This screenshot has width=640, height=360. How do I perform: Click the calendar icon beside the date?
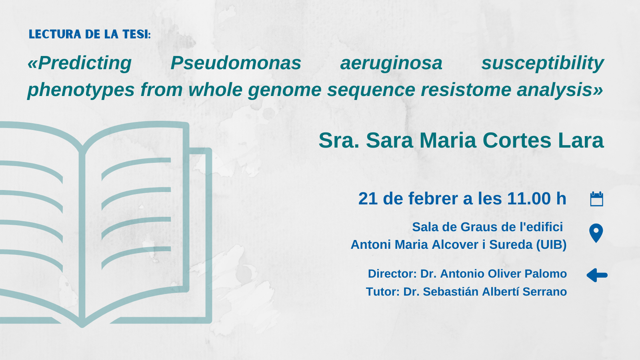pos(596,199)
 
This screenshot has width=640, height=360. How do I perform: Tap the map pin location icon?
pos(596,233)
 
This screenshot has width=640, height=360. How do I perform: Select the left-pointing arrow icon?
pos(597,275)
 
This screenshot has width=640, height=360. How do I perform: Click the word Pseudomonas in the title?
pos(236,63)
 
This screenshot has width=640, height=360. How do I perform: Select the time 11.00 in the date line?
pos(529,198)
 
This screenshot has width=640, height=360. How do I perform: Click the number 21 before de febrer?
pos(368,198)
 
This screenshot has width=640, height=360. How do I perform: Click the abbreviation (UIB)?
pos(552,245)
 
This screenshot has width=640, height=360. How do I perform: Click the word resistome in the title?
pos(466,90)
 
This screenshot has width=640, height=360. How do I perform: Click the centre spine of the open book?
pos(82,234)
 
